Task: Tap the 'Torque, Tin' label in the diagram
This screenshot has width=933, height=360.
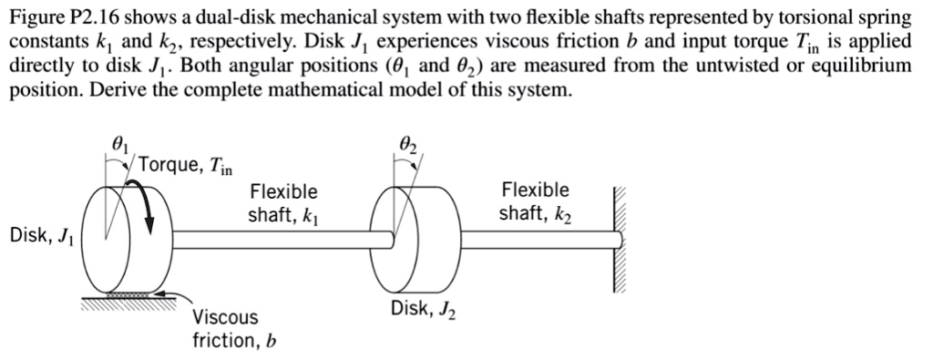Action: coord(187,166)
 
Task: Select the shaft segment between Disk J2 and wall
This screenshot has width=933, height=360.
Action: coord(538,240)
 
